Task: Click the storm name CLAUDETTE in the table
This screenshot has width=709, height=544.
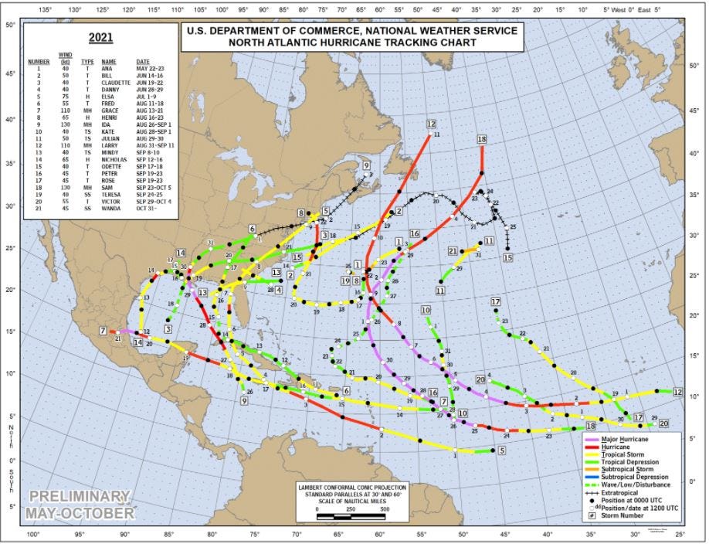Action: click(116, 83)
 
